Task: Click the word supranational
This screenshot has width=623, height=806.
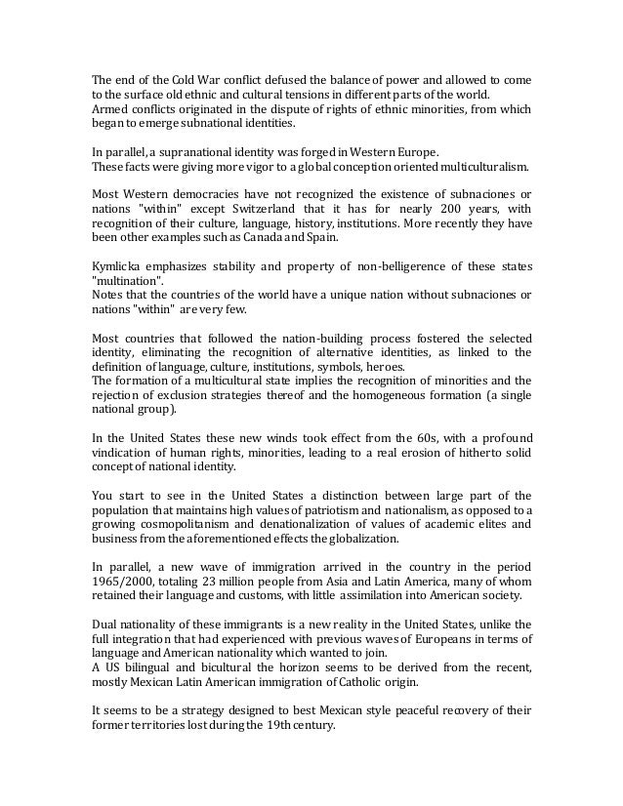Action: pyautogui.click(x=204, y=152)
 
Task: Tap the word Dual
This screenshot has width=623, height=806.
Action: pyautogui.click(x=106, y=625)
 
